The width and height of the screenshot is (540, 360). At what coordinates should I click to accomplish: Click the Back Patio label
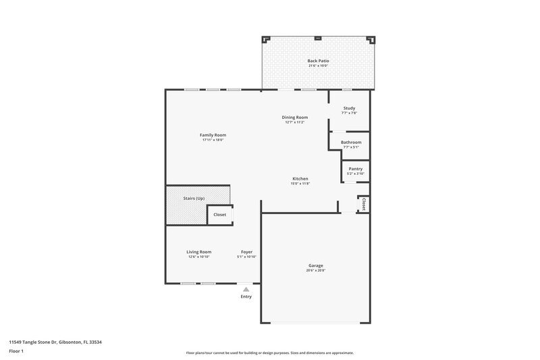coord(317,61)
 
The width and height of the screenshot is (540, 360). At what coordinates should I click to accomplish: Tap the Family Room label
coord(213,135)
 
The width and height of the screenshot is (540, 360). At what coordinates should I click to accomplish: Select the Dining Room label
coord(295,118)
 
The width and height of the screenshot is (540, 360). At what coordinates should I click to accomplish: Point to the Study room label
coord(349,108)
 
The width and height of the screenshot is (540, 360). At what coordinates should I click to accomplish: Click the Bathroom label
coord(351,143)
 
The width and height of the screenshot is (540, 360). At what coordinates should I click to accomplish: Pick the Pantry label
coord(355,169)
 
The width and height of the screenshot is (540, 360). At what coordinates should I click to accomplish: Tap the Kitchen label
coord(300,179)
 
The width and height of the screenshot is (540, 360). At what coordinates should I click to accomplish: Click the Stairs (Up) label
coord(194,199)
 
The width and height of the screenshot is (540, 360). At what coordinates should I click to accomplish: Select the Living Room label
coord(199,252)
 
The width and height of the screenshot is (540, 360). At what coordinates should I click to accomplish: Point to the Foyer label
coord(247,252)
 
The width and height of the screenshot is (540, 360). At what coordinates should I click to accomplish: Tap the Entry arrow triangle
coord(246,288)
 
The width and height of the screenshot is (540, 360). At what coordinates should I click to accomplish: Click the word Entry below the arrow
coord(246,297)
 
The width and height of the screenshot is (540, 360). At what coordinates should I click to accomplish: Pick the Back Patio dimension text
coord(317,66)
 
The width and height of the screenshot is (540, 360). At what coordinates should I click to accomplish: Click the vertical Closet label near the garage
coord(363,204)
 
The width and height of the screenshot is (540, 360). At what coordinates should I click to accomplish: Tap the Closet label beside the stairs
coord(220,215)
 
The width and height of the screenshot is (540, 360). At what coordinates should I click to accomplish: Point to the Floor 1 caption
coord(16,352)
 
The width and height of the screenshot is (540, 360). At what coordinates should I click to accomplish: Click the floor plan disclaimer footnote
coord(269,353)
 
